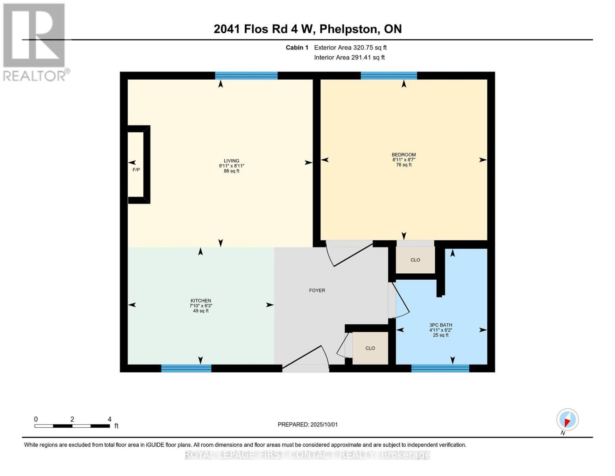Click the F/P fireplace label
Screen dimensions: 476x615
pyautogui.click(x=136, y=170)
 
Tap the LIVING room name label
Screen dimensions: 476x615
pyautogui.click(x=231, y=161)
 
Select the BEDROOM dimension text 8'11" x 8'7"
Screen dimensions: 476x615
pyautogui.click(x=404, y=160)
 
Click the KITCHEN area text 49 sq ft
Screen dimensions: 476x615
pyautogui.click(x=200, y=311)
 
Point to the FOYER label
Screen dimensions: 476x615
pyautogui.click(x=317, y=290)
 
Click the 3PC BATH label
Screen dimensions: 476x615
pyautogui.click(x=440, y=325)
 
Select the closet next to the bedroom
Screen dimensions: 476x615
pyautogui.click(x=415, y=260)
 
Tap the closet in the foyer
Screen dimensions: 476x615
pyautogui.click(x=370, y=348)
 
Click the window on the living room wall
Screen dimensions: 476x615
pyautogui.click(x=246, y=75)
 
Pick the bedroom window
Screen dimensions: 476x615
pyautogui.click(x=388, y=75)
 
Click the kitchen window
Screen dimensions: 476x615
pyautogui.click(x=186, y=369)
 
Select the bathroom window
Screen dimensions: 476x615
pyautogui.click(x=440, y=369)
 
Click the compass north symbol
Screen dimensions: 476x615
pyautogui.click(x=567, y=420)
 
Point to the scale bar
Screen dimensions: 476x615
pyautogui.click(x=72, y=426)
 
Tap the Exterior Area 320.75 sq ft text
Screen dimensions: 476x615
pyautogui.click(x=350, y=48)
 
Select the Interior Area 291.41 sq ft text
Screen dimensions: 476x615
pyautogui.click(x=349, y=58)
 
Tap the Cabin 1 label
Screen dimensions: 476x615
pyautogui.click(x=297, y=48)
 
